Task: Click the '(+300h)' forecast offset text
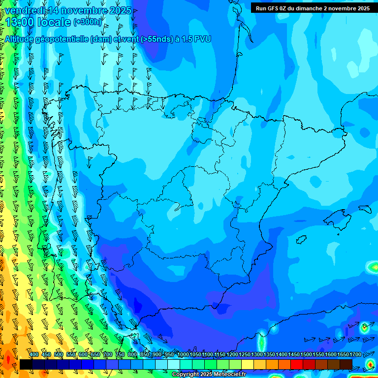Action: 87,22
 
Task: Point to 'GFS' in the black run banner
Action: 275,8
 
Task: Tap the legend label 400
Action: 34,355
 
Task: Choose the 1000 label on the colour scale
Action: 183,355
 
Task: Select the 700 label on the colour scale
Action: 108,355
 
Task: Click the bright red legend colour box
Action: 297,364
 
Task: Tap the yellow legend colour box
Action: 248,364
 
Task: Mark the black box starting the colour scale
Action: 26,364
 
